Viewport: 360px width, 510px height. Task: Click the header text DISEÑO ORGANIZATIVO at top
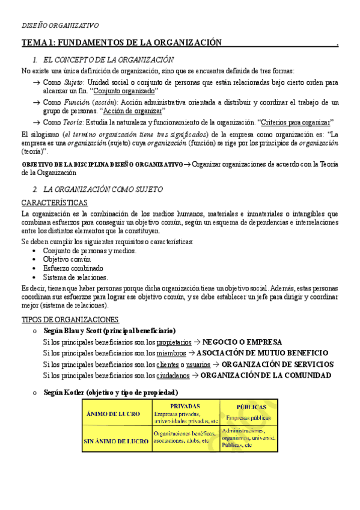(60, 25)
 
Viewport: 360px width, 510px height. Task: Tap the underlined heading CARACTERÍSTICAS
(54, 203)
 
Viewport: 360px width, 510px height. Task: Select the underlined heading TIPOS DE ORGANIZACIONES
(70, 319)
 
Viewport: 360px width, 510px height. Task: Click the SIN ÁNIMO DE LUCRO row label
(116, 441)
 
